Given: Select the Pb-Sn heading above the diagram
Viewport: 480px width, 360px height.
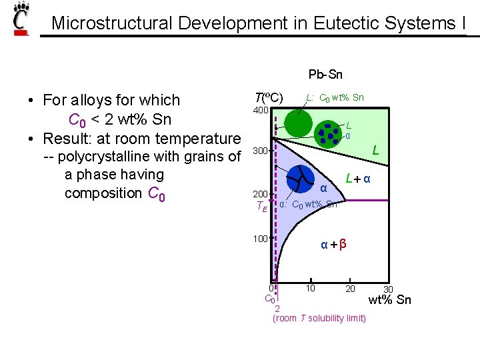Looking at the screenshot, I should click(x=325, y=75).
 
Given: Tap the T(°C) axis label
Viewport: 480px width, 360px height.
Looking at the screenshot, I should click(x=269, y=97).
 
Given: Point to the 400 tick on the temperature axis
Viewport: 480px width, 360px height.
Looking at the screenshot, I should click(x=260, y=110).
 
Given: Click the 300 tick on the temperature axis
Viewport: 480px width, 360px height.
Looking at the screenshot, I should click(x=259, y=151).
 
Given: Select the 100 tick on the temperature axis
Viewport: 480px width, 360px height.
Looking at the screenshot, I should click(x=259, y=238).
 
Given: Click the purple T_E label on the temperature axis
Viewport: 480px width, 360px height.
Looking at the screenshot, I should click(x=261, y=207).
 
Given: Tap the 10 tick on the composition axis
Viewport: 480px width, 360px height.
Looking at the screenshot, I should click(x=310, y=288).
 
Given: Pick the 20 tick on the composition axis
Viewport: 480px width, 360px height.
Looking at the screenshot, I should click(x=350, y=288).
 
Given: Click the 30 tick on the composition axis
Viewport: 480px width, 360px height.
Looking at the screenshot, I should click(x=388, y=289).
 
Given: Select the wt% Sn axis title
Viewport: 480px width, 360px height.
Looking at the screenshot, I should click(x=389, y=300).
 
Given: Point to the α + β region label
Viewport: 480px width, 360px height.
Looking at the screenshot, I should click(x=333, y=245).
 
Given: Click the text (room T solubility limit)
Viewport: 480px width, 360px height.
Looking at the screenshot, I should click(x=319, y=318).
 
